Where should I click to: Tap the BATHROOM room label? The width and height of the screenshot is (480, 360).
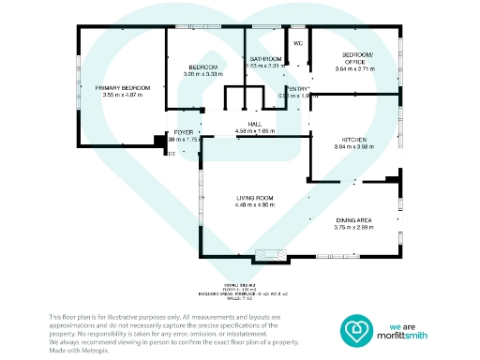pos(265,59)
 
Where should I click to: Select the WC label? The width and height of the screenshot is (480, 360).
pos(298,44)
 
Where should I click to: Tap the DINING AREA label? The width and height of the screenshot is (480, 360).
pos(354,219)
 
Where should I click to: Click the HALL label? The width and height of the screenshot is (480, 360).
pos(253,125)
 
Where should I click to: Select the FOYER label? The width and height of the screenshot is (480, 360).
pos(184,133)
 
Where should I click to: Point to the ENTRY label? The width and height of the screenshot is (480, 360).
pos(298,88)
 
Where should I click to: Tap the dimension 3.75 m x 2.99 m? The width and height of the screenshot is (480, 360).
pos(354,227)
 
